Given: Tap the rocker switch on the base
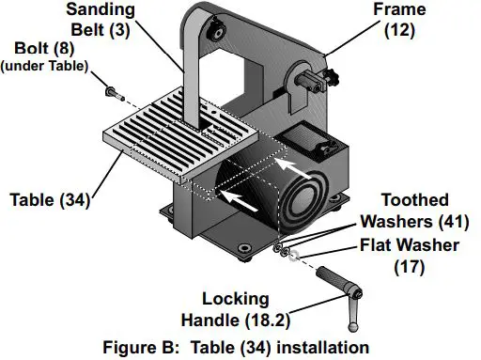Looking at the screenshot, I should click(x=324, y=145).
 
